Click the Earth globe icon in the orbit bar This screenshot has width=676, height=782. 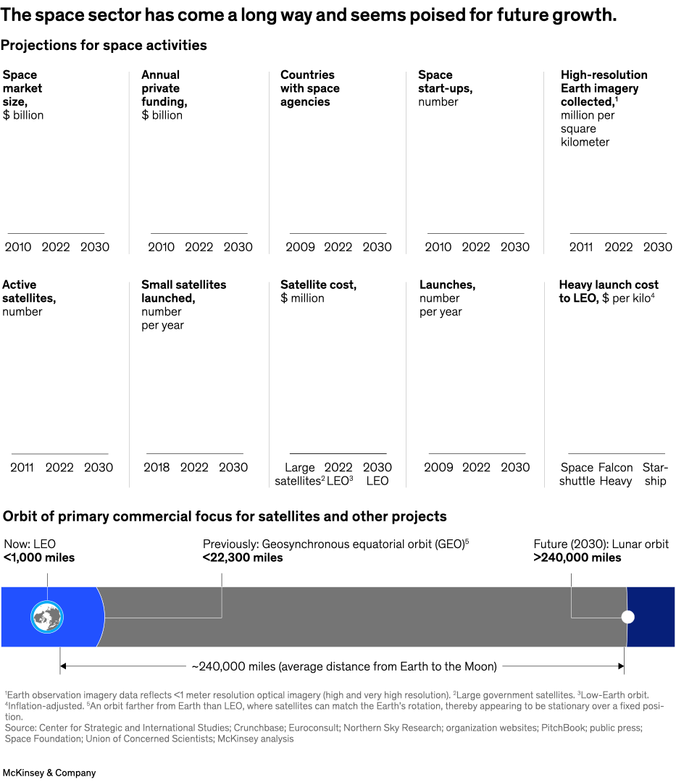coord(47,618)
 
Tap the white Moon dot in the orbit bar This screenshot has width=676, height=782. coord(628,617)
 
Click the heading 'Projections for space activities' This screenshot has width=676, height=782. coord(104,46)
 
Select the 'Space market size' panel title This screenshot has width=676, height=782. coord(22,88)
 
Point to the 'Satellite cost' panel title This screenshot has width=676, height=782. coord(318,285)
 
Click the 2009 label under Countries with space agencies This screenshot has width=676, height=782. coord(300,247)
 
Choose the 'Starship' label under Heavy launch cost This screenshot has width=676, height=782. coord(655,474)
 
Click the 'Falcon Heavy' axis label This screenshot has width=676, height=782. coord(616,474)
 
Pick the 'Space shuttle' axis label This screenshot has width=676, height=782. coord(577,474)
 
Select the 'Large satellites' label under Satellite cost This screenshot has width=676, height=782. coord(298,474)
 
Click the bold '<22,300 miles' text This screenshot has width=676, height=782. coord(243,558)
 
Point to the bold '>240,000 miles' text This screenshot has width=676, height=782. coord(577,558)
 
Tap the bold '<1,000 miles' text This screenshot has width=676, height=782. coord(39,558)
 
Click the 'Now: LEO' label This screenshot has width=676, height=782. coord(30,544)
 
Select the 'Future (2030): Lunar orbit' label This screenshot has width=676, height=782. coord(601,544)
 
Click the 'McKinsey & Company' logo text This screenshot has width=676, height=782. coord(49,773)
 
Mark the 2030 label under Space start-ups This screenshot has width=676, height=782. coord(515,247)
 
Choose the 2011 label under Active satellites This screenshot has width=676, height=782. coord(22,467)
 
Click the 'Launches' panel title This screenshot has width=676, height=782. coord(447,285)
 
